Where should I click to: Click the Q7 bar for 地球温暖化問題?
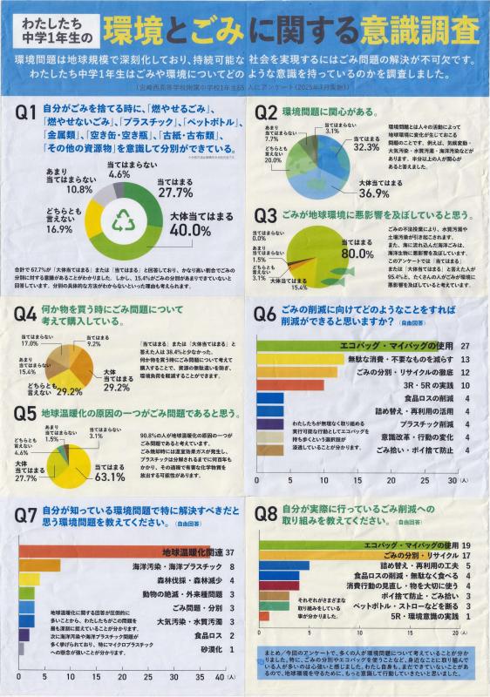click(x=113, y=552)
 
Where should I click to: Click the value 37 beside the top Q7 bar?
click(x=230, y=552)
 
